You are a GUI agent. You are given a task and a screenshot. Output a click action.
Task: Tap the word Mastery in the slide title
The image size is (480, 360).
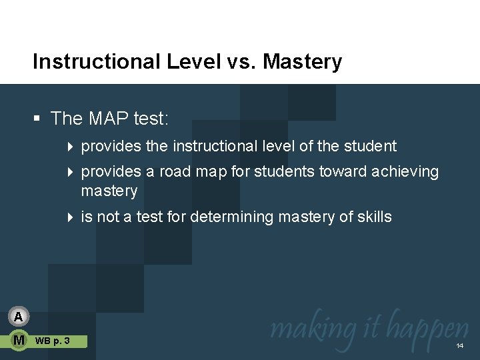tap(303, 62)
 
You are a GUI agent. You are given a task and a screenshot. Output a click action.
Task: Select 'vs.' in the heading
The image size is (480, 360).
tap(237, 62)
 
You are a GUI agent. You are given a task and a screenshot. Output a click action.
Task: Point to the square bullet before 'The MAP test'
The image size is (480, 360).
tap(37, 119)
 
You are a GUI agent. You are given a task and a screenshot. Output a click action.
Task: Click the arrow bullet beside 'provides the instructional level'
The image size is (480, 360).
tap(71, 147)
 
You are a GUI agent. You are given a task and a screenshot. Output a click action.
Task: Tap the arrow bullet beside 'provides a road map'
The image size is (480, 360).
tap(71, 172)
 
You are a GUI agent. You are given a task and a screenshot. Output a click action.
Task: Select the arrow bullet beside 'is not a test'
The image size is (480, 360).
tap(71, 217)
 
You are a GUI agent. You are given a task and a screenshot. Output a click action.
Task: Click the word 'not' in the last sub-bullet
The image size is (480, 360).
tap(107, 217)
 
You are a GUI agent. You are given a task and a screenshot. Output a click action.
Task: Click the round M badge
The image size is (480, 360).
tap(19, 341)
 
